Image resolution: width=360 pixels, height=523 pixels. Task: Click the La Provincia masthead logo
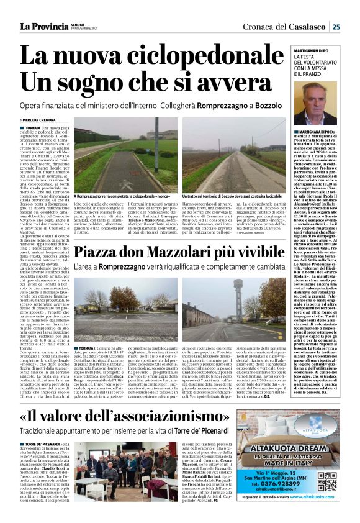(43, 26)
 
